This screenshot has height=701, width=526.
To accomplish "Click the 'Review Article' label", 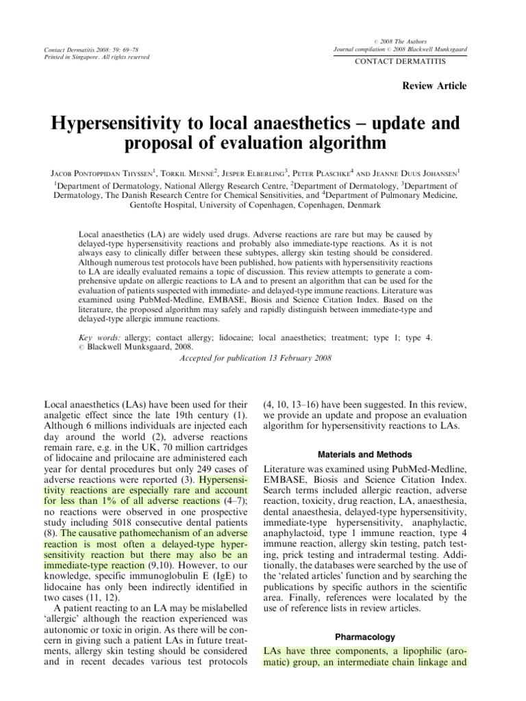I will tap(438, 86).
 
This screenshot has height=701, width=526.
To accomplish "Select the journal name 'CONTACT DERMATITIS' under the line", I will tap(398, 62).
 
